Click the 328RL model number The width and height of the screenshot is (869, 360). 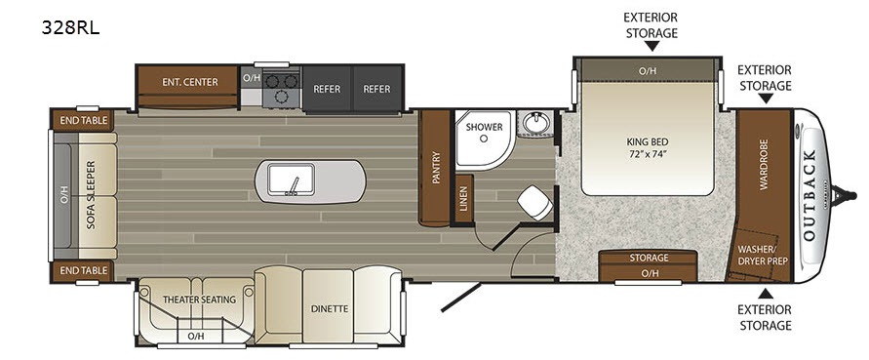tap(70, 27)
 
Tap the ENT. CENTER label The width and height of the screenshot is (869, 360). tap(189, 82)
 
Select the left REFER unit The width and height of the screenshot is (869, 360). tap(327, 89)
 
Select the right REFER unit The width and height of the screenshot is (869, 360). tap(376, 89)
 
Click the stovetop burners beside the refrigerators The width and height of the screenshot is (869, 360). tap(281, 88)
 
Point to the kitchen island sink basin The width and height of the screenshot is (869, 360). tap(291, 180)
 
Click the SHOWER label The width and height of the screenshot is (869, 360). tap(484, 127)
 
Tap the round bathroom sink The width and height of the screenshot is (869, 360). tap(535, 123)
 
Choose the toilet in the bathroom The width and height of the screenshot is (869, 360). tap(534, 202)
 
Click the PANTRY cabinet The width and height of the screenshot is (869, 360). tap(435, 168)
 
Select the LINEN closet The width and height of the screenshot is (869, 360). tap(463, 199)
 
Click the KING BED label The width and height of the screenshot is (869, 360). tap(648, 147)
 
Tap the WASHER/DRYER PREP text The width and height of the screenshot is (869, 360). tap(763, 256)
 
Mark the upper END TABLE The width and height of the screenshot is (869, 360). tap(83, 120)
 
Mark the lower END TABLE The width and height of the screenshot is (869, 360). tap(83, 270)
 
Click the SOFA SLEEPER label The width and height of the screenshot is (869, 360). tap(92, 196)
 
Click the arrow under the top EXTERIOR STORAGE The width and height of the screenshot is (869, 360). tap(652, 46)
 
